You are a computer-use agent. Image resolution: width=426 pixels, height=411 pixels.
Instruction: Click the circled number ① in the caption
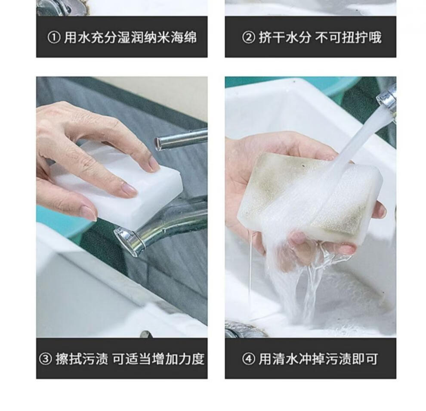tap(54, 37)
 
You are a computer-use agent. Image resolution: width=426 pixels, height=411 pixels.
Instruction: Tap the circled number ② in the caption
tap(248, 37)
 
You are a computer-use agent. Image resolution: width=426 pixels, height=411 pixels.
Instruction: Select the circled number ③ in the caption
tap(45, 359)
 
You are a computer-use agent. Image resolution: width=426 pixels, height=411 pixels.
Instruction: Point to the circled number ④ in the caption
tap(248, 359)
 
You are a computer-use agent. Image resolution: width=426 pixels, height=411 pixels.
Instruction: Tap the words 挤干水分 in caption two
tap(284, 37)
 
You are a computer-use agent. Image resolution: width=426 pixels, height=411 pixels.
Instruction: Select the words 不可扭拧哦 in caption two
tap(348, 37)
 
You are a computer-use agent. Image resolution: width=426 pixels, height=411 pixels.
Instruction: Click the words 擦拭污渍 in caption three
tap(82, 358)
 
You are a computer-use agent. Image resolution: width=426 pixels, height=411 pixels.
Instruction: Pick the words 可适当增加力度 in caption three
tap(158, 358)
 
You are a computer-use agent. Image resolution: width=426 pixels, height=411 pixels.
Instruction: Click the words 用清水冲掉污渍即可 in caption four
tap(318, 358)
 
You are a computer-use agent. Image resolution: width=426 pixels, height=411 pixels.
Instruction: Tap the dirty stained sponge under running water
tap(310, 198)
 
